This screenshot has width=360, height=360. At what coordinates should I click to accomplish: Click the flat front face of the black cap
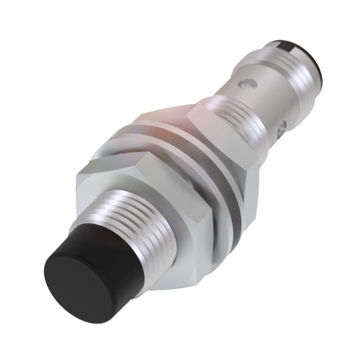tap(72, 277)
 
